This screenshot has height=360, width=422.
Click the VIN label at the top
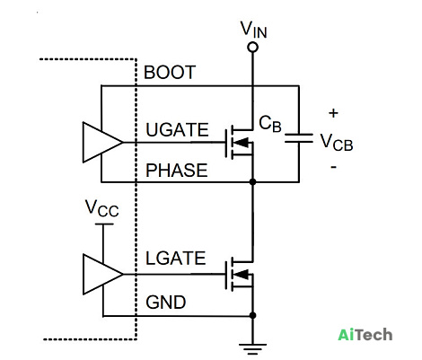point(254,30)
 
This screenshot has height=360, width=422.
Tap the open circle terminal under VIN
point(253,48)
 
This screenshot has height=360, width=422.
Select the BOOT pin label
point(170,73)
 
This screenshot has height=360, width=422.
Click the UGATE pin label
point(177,130)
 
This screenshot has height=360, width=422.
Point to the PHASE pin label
point(177,171)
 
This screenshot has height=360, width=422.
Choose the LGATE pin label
point(176,259)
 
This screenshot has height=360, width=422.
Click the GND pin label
point(166,303)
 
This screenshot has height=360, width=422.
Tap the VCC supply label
point(102,208)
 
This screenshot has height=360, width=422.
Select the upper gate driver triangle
point(102,143)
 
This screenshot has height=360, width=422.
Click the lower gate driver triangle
point(102,274)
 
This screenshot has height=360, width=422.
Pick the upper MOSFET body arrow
point(243,143)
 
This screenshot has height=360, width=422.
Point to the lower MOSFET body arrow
point(243,274)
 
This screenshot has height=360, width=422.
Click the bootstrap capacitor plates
point(299,138)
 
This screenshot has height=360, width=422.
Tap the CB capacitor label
point(270,124)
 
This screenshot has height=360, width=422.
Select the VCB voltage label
point(337,142)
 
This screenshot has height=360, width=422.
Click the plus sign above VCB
point(333,113)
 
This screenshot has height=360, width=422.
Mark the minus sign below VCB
point(334,167)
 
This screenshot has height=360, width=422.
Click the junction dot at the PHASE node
point(253,181)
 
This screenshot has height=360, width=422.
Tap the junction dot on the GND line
point(253,315)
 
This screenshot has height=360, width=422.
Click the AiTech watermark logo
point(365,335)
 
